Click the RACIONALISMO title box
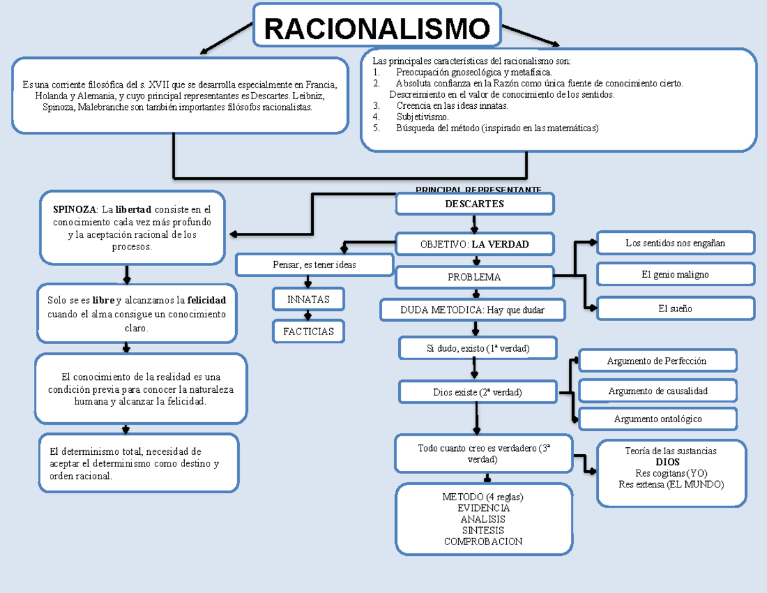pyautogui.click(x=377, y=26)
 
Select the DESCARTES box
pyautogui.click(x=474, y=204)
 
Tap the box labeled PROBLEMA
pyautogui.click(x=474, y=278)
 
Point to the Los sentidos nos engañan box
pyautogui.click(x=675, y=243)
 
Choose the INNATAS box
pyautogui.click(x=309, y=299)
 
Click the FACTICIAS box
pyautogui.click(x=309, y=331)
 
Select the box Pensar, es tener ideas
pyautogui.click(x=314, y=265)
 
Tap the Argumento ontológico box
pyautogui.click(x=658, y=419)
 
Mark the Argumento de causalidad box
pyautogui.click(x=658, y=391)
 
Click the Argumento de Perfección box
pyautogui.click(x=658, y=361)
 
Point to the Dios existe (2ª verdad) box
pyautogui.click(x=477, y=393)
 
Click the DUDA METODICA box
pyautogui.click(x=472, y=310)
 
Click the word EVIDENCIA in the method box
pyautogui.click(x=483, y=508)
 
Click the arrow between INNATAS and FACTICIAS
pyautogui.click(x=309, y=315)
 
